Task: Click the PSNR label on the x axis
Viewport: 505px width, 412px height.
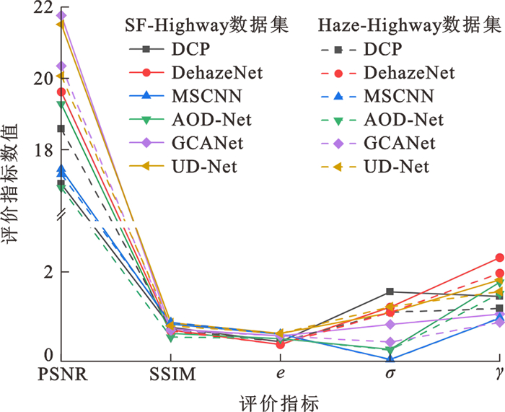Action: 61,374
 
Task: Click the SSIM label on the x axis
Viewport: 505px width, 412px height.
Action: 170,374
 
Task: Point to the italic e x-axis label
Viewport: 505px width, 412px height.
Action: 280,374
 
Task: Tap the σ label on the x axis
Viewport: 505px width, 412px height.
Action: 390,374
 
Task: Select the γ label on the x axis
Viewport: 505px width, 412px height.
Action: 499,374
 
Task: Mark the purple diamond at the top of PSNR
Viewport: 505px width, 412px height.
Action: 61,15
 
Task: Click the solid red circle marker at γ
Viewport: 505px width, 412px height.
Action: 499,258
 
